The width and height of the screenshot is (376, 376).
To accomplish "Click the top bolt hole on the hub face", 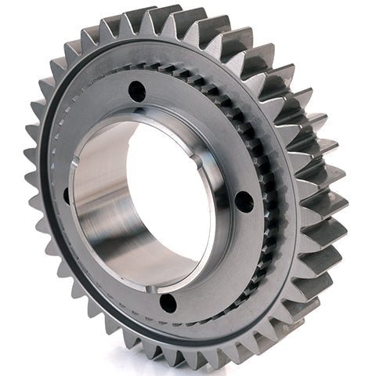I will pyautogui.click(x=137, y=90).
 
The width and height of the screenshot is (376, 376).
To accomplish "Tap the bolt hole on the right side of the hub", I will pyautogui.click(x=244, y=202).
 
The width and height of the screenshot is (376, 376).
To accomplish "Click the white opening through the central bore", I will pyautogui.click(x=168, y=196).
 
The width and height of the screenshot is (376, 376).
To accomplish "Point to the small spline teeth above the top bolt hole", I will pyautogui.click(x=149, y=69).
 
